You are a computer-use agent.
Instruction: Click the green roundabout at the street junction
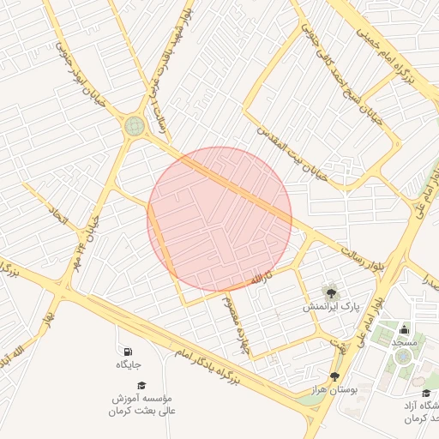135,126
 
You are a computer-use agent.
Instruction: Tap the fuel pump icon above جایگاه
129,352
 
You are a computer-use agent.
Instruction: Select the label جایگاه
129,365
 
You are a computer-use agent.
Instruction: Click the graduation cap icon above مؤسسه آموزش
142,386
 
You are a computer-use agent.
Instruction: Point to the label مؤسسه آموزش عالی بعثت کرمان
142,406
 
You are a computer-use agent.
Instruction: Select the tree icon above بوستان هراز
334,376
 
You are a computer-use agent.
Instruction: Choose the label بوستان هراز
334,390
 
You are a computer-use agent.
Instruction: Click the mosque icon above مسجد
403,328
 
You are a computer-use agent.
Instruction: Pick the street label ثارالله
261,280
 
